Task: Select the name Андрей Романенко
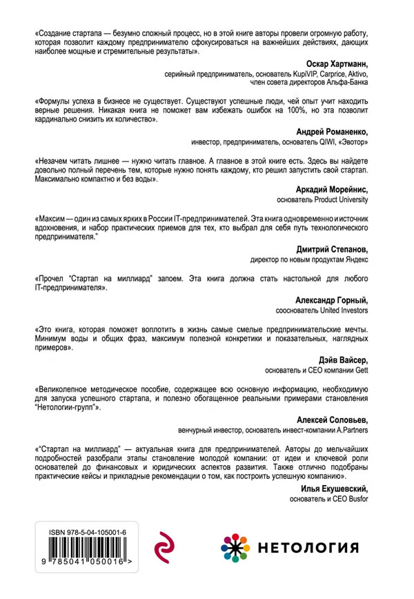point(331,133)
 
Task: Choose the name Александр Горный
point(331,302)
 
